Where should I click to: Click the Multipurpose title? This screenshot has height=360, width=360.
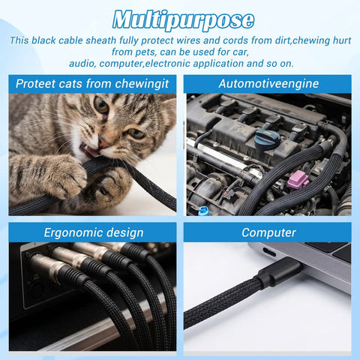click(x=183, y=20)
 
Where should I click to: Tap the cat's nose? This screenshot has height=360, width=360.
click(x=103, y=143)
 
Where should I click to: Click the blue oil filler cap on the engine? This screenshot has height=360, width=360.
click(x=267, y=139)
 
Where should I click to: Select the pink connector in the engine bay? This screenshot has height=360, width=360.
click(x=298, y=179)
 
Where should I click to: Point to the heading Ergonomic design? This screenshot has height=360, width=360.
click(x=94, y=232)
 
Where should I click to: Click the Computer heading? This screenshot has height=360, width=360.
click(x=268, y=232)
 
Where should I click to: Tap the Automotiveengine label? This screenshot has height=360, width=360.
click(x=268, y=83)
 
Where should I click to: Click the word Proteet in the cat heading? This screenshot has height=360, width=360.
click(x=36, y=83)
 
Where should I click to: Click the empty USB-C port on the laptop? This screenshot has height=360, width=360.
click(x=268, y=253)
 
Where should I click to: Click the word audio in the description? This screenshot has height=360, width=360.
click(x=82, y=64)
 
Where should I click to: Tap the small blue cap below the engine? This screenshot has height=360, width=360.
click(x=202, y=211)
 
